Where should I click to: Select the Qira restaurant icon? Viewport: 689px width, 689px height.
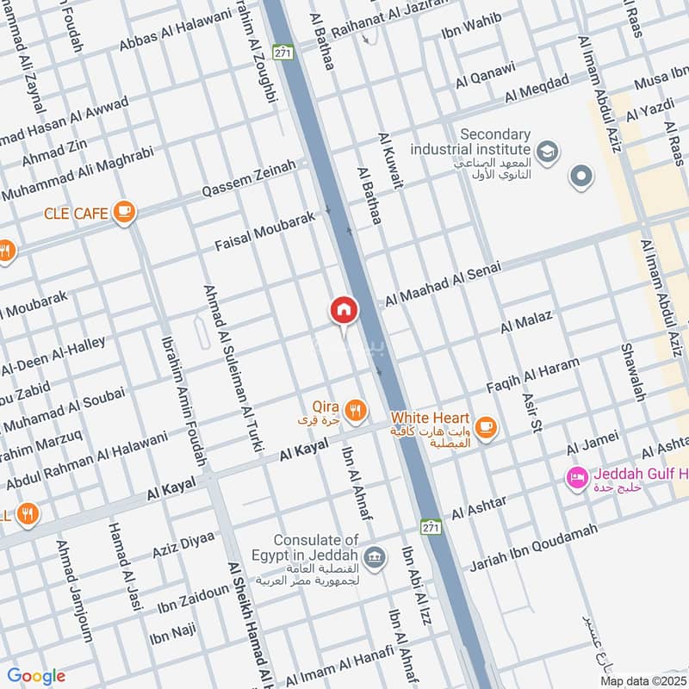[354, 408]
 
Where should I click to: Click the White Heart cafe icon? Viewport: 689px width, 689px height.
[486, 425]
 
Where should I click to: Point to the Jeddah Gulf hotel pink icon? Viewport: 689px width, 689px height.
[576, 476]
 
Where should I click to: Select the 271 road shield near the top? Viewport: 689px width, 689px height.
[282, 53]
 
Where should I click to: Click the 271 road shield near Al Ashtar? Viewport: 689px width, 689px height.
[431, 525]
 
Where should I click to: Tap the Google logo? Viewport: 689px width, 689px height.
[36, 676]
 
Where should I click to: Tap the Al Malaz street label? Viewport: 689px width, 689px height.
[526, 325]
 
